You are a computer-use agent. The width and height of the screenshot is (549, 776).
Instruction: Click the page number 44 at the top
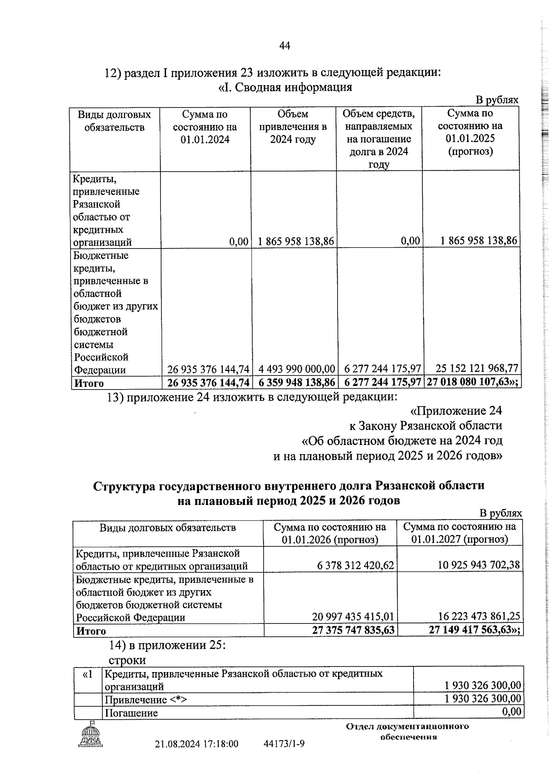coord(284,46)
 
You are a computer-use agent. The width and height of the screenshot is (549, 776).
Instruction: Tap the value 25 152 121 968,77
coord(477,368)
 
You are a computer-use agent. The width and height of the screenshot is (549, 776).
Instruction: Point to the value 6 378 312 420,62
coord(355,565)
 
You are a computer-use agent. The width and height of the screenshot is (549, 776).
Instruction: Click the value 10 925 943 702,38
coord(479,565)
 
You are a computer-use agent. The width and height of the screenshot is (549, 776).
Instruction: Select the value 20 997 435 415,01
coord(352,617)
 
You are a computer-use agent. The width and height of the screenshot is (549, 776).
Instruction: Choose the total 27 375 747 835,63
coord(353,630)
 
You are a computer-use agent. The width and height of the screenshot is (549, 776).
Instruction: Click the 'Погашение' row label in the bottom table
coord(131,713)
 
